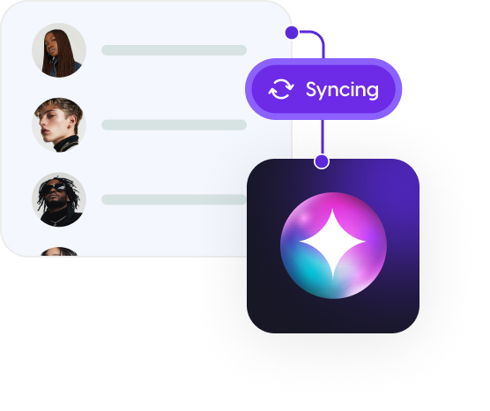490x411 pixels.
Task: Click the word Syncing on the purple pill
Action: point(342,90)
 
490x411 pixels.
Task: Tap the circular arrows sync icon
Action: point(281,89)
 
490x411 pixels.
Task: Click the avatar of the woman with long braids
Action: point(59,50)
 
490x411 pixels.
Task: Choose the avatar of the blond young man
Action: point(59,125)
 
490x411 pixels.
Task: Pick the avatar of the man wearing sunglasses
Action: point(59,199)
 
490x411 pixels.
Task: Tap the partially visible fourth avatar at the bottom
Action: point(59,251)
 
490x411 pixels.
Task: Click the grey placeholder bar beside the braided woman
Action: point(174,50)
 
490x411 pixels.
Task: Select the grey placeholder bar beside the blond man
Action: point(174,125)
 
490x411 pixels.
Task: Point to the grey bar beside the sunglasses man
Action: point(174,199)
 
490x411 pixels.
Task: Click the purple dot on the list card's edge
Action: point(292,33)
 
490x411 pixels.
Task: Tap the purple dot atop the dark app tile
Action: point(322,161)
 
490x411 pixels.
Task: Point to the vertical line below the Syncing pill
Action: point(323,137)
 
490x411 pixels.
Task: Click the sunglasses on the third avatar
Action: point(54,188)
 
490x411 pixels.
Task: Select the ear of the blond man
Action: point(73,121)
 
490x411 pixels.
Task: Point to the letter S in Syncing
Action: point(311,89)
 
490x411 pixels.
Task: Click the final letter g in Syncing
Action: point(373,92)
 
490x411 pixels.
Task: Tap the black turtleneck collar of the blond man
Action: point(66,143)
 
